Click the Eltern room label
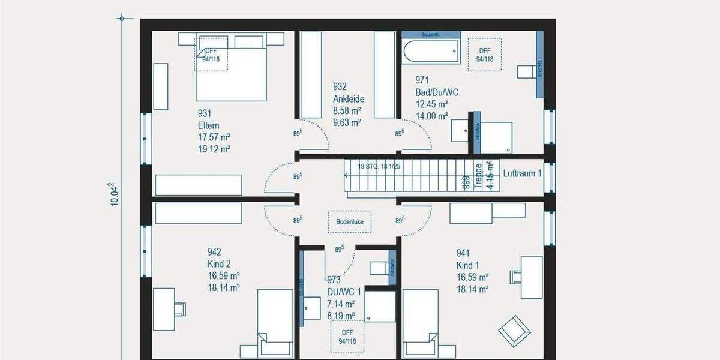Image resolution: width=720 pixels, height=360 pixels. click(208, 125)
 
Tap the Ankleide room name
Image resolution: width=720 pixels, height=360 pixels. click(349, 99)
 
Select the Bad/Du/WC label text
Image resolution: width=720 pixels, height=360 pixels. click(437, 92)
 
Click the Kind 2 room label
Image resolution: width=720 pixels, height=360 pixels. click(219, 264)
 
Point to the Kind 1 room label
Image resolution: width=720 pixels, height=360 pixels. click(468, 265)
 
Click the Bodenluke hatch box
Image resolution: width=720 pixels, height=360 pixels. click(349, 221)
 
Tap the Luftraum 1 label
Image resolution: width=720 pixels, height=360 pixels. click(522, 173)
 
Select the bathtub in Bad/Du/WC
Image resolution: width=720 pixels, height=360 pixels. click(431, 51)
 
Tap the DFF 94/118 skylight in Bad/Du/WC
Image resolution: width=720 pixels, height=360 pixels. click(484, 55)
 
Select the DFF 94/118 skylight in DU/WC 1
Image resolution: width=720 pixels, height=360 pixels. click(347, 338)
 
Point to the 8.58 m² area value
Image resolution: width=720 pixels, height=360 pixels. click(347, 111)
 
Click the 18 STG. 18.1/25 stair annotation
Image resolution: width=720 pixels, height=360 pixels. click(379, 166)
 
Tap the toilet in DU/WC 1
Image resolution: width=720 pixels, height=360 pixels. click(380, 269)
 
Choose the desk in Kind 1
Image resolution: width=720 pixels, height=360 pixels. click(531, 277)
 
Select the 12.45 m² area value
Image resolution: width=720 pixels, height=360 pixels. click(431, 104)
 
